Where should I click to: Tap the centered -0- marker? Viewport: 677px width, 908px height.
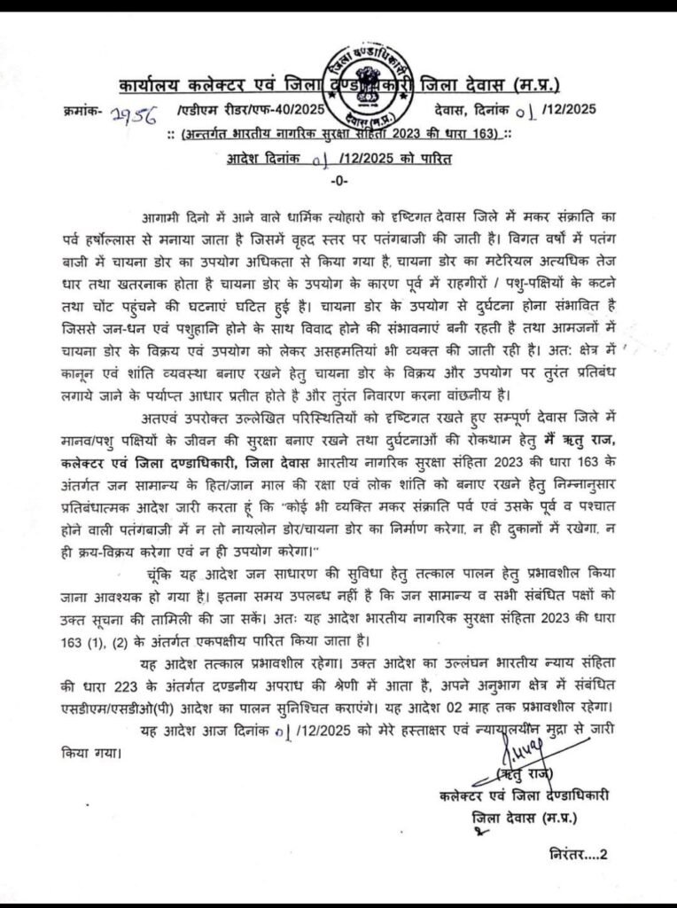[338, 180]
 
